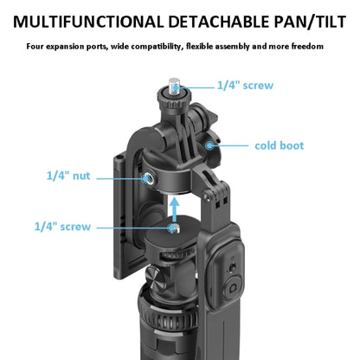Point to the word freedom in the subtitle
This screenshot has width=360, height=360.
tap(305, 46)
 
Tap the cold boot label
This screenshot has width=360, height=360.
tap(279, 145)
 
